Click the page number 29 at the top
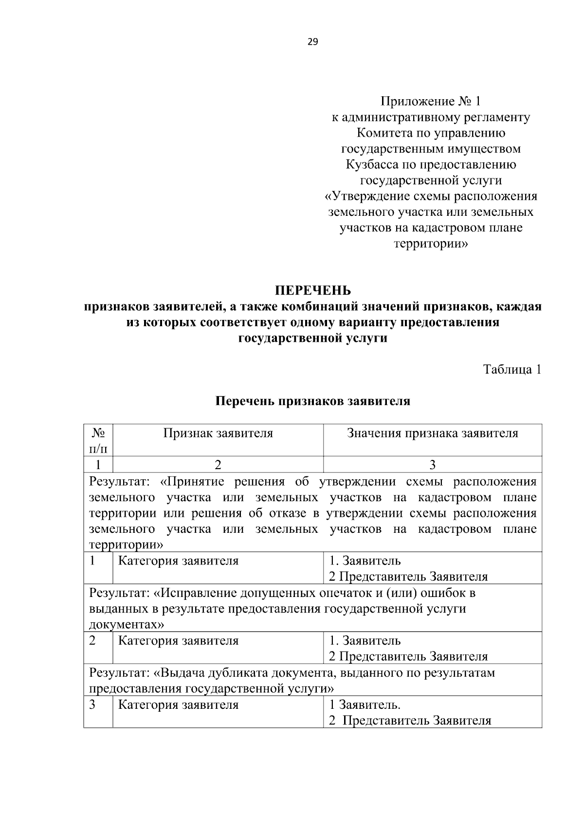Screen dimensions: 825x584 click(x=312, y=42)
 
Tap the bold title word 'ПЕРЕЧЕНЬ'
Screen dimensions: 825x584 click(x=312, y=291)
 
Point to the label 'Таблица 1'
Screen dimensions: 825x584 click(x=512, y=369)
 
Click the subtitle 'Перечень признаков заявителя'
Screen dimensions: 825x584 click(x=312, y=401)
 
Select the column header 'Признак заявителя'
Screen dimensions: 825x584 click(x=218, y=433)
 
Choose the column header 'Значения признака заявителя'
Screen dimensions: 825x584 click(x=432, y=433)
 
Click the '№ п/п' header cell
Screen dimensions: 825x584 click(x=98, y=440)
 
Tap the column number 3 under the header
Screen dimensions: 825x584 click(x=432, y=465)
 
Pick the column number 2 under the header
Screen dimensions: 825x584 click(x=218, y=465)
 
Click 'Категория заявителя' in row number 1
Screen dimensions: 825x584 click(x=179, y=561)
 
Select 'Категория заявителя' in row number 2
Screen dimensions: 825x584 click(x=179, y=641)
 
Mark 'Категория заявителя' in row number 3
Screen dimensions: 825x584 click(x=179, y=705)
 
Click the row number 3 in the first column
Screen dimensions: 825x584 click(x=92, y=705)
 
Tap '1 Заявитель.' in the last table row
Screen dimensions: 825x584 click(x=365, y=705)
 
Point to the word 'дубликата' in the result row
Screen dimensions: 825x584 click(x=235, y=673)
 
